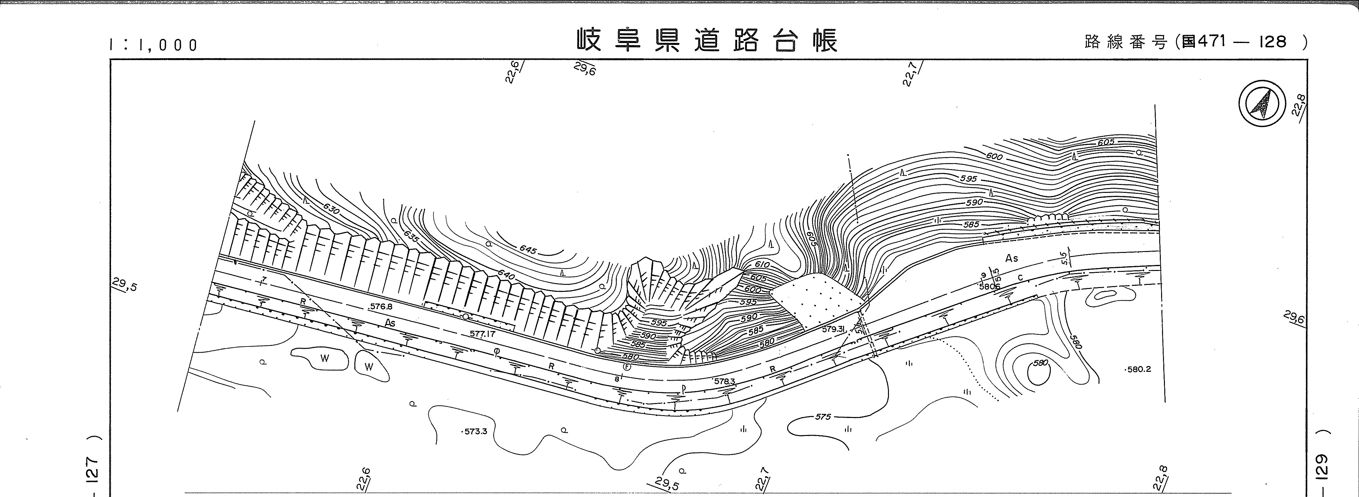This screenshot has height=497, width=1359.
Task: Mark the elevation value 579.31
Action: pyautogui.click(x=834, y=329)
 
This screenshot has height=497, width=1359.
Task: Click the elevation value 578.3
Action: pyautogui.click(x=724, y=380)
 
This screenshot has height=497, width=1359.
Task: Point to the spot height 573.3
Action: pyautogui.click(x=475, y=431)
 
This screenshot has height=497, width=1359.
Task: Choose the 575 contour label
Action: pyautogui.click(x=823, y=416)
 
